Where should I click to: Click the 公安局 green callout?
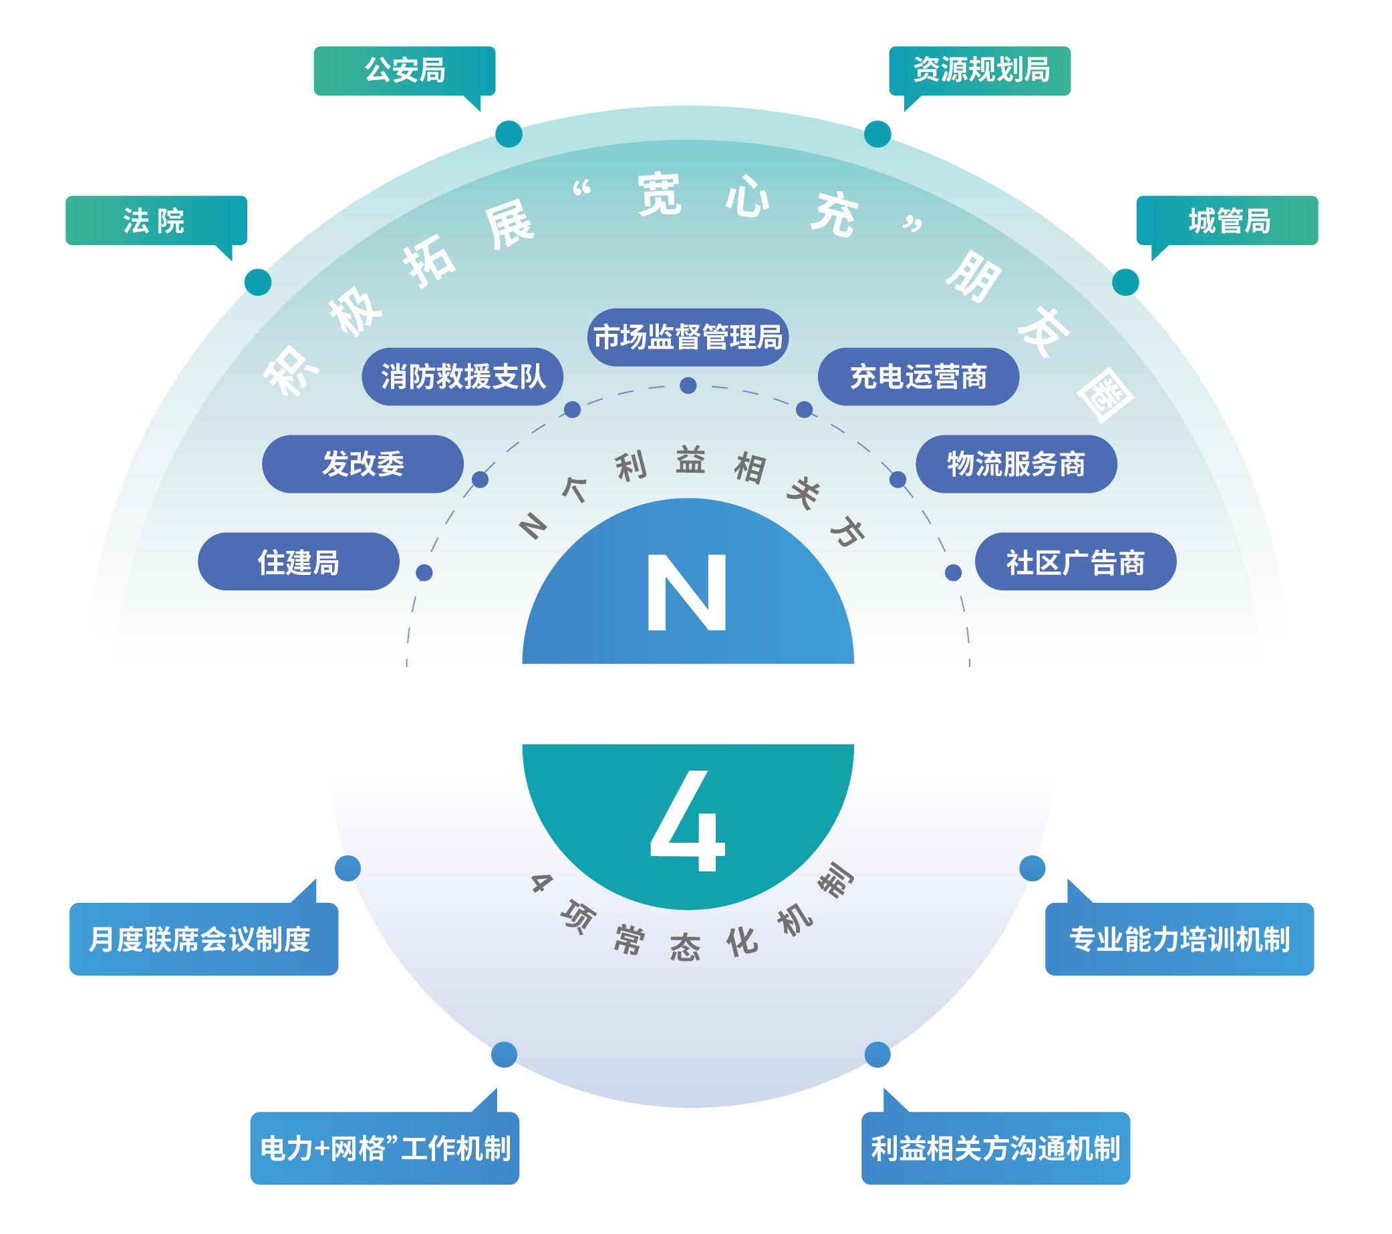[x=404, y=71]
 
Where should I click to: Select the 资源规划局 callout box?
[x=980, y=71]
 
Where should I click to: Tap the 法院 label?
[x=156, y=220]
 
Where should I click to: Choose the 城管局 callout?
[x=1227, y=220]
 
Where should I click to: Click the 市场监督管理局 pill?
[x=688, y=338]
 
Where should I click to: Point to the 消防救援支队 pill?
[x=462, y=377]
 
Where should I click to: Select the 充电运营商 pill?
[x=918, y=377]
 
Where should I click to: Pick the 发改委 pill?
[x=362, y=464]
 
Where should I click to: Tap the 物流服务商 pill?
[x=1016, y=464]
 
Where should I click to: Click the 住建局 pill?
[x=298, y=562]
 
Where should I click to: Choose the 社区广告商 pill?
[x=1075, y=562]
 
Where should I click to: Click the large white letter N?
[x=686, y=592]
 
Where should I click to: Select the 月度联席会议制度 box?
[x=204, y=940]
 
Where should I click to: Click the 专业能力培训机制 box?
[x=1179, y=940]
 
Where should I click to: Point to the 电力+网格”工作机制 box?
[x=385, y=1149]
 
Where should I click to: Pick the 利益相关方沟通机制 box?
[x=995, y=1149]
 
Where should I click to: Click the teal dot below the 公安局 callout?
[x=509, y=134]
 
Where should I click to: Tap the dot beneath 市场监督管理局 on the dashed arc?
[x=688, y=386]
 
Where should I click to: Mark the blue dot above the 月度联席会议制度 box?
[x=348, y=869]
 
